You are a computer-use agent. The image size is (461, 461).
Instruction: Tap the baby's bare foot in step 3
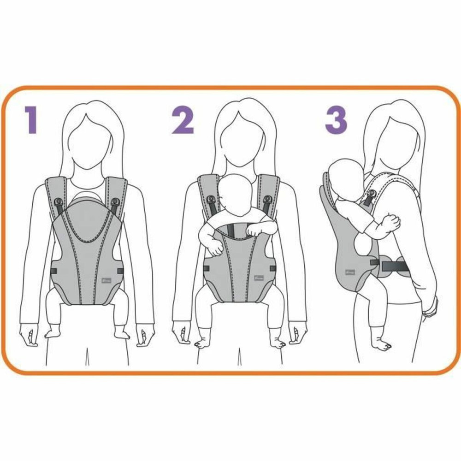[x=382, y=343]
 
